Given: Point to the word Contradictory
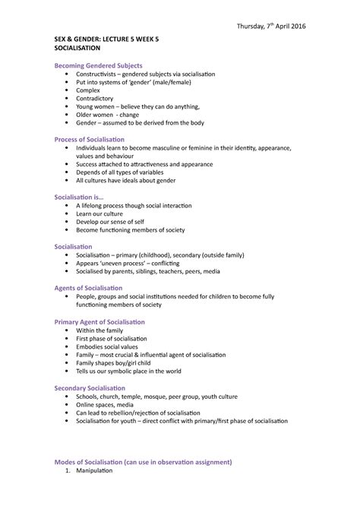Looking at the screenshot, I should [x=98, y=99].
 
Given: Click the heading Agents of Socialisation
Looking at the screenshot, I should [x=89, y=288].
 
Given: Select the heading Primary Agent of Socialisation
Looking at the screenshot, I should [x=101, y=321].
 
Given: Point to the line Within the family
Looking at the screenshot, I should [x=103, y=330].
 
